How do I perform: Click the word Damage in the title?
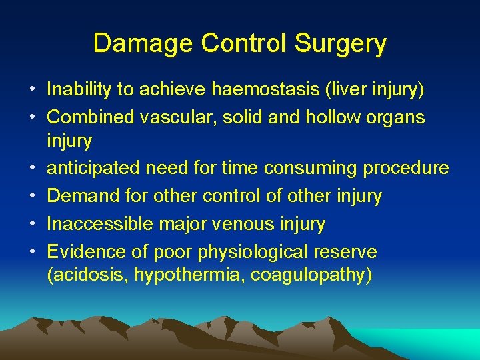[136, 43]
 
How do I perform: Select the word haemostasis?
[267, 89]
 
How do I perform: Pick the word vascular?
[178, 117]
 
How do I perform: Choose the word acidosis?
[89, 275]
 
